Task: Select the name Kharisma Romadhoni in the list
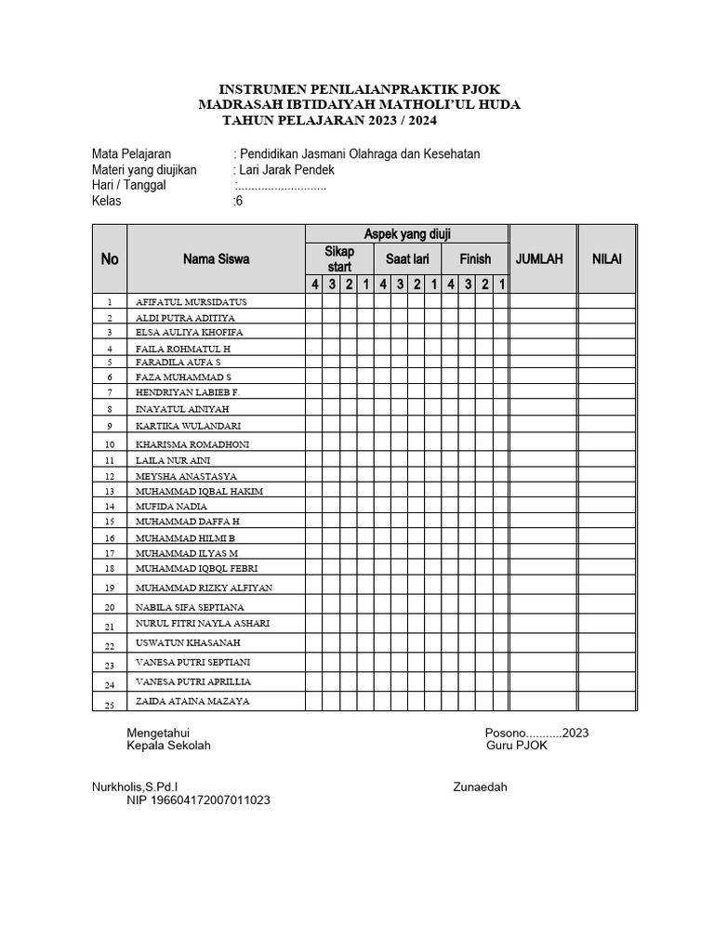205,444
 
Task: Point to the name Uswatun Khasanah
188,642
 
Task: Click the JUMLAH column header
539,259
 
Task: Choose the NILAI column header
607,259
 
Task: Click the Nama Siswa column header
216,259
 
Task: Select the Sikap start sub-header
339,259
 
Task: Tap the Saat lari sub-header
407,259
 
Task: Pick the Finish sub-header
475,259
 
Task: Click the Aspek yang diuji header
407,234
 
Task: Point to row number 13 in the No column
109,491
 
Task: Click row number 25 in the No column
109,706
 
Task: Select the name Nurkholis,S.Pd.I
136,787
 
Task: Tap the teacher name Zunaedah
480,787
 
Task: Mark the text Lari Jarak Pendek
287,170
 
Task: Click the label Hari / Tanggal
128,185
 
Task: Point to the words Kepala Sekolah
168,746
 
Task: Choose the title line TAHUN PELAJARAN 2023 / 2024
329,121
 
